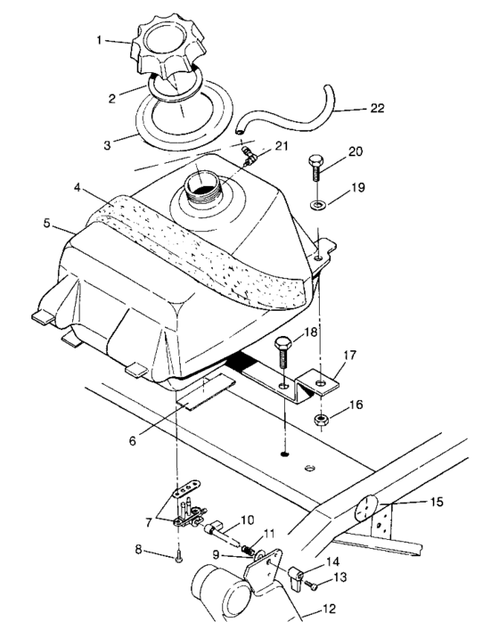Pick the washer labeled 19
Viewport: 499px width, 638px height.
[x=318, y=209]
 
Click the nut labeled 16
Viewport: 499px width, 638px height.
[x=318, y=418]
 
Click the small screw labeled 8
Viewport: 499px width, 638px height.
[x=180, y=560]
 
